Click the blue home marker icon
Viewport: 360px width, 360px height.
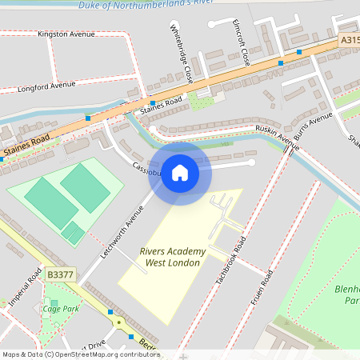click(180, 173)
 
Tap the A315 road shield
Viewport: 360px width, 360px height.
click(349, 38)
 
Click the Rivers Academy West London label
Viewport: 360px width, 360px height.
click(172, 257)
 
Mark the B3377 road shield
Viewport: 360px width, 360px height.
click(58, 274)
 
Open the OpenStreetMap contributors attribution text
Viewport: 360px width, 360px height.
click(80, 354)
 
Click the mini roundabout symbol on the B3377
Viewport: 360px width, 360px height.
click(119, 322)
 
